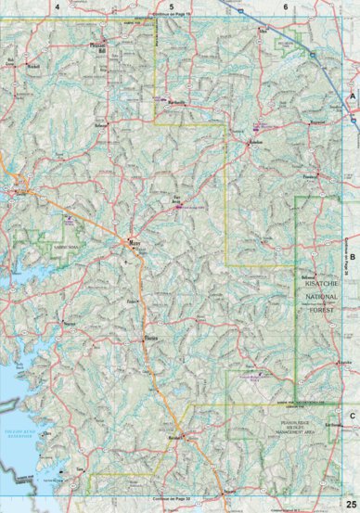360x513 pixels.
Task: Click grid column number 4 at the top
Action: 58,6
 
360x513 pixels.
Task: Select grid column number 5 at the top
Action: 172,6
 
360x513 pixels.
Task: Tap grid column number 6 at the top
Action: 285,6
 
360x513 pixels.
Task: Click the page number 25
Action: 349,503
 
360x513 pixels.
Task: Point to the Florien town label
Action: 149,339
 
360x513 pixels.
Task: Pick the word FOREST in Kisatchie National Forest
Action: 324,301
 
